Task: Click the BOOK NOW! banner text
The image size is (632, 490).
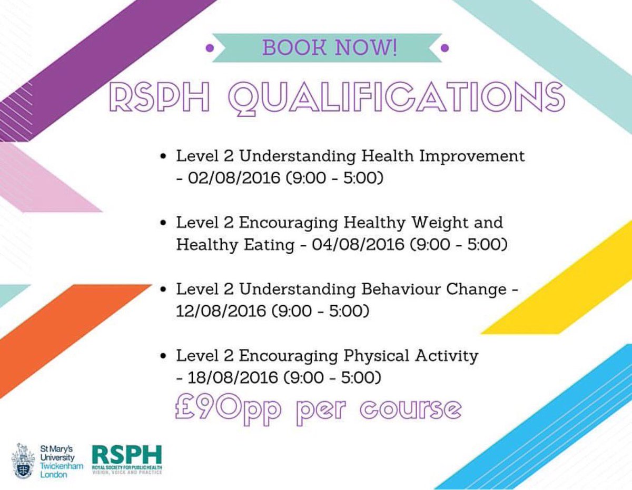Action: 330,47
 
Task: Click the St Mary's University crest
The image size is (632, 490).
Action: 23,461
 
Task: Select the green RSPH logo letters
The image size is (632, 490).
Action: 126,455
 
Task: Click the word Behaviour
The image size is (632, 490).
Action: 401,289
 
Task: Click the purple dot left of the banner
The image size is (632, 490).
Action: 210,48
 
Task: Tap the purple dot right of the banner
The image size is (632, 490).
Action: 445,48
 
